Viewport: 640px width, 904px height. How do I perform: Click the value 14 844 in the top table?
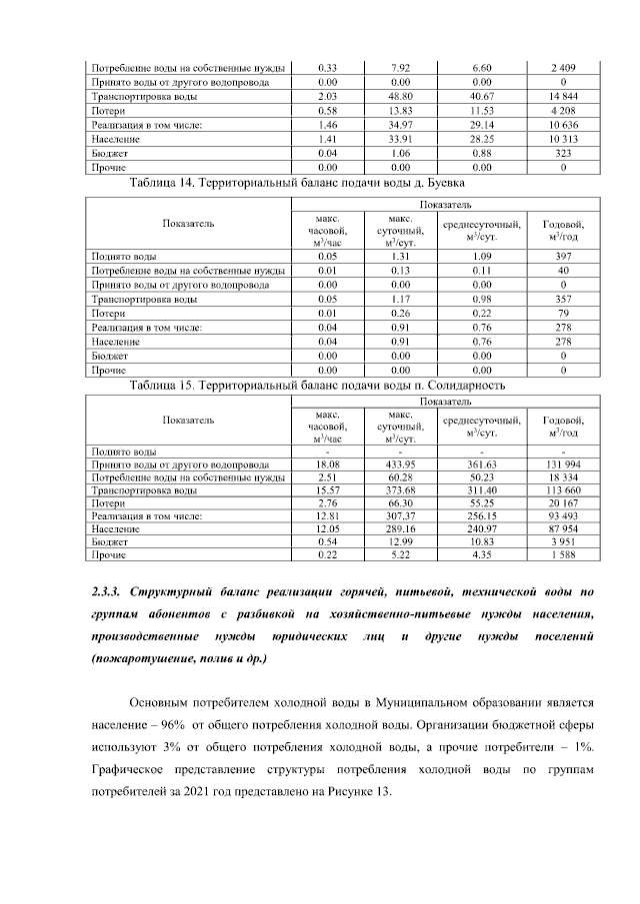[x=565, y=97]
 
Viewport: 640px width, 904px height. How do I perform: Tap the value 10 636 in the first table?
[x=565, y=126]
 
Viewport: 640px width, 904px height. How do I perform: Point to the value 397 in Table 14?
[x=565, y=256]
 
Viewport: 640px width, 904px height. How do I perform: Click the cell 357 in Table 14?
[x=565, y=299]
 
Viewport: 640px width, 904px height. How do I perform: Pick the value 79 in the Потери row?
[x=565, y=313]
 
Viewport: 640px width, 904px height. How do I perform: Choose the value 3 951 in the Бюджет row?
[x=565, y=540]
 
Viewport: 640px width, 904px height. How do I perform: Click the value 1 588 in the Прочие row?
[x=565, y=554]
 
